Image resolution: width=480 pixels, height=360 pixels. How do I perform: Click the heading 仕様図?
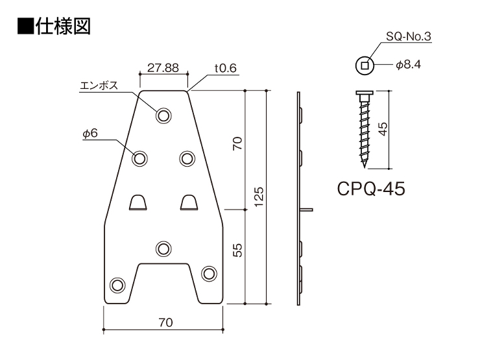[63, 27]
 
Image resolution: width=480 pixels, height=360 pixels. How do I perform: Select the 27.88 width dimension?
[163, 67]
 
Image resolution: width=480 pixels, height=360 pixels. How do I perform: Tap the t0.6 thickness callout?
[226, 68]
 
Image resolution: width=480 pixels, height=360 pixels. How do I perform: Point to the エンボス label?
[99, 86]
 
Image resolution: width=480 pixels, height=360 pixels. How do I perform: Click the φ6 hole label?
[90, 134]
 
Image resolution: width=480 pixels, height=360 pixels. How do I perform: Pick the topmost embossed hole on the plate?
[163, 115]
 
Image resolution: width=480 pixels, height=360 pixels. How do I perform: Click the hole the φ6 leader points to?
[139, 159]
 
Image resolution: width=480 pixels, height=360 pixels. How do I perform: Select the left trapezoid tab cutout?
[138, 202]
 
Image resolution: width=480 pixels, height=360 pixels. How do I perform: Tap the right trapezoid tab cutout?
[189, 202]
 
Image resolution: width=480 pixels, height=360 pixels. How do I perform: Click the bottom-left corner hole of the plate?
[117, 285]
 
